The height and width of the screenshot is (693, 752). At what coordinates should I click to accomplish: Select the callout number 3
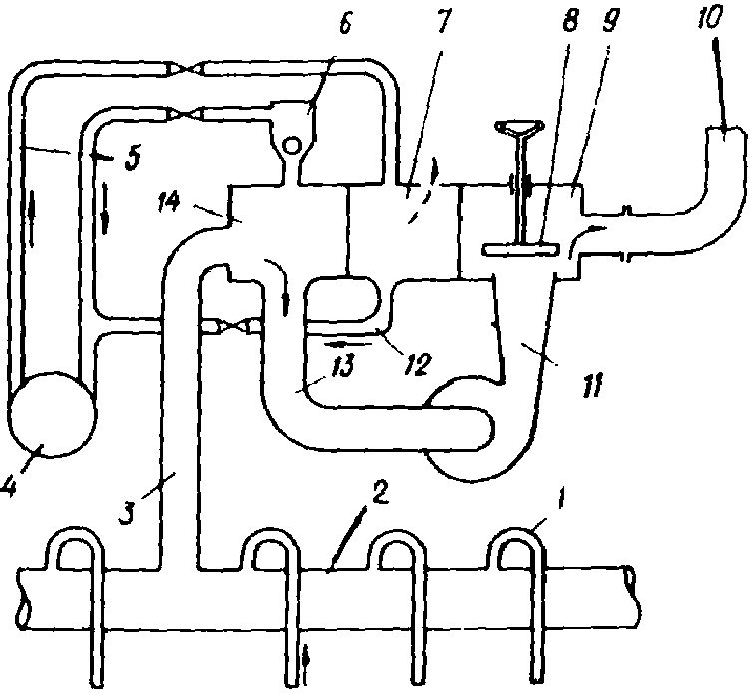click(x=127, y=513)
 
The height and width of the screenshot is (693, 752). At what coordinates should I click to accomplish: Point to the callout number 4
click(x=8, y=487)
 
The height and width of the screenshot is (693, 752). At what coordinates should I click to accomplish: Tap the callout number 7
click(x=442, y=22)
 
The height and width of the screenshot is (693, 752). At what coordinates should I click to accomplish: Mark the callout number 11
click(x=592, y=384)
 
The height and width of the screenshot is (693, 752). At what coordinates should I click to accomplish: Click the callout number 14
click(x=168, y=201)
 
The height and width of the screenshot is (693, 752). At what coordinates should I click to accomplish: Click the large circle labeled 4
click(x=51, y=414)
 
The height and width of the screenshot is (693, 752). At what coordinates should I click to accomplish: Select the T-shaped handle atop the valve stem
click(x=520, y=127)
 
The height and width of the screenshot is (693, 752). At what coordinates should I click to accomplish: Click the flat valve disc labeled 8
click(x=521, y=250)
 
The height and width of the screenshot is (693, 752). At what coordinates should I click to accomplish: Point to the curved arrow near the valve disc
click(x=587, y=235)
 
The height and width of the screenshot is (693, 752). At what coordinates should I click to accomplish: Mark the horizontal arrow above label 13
click(x=348, y=344)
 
